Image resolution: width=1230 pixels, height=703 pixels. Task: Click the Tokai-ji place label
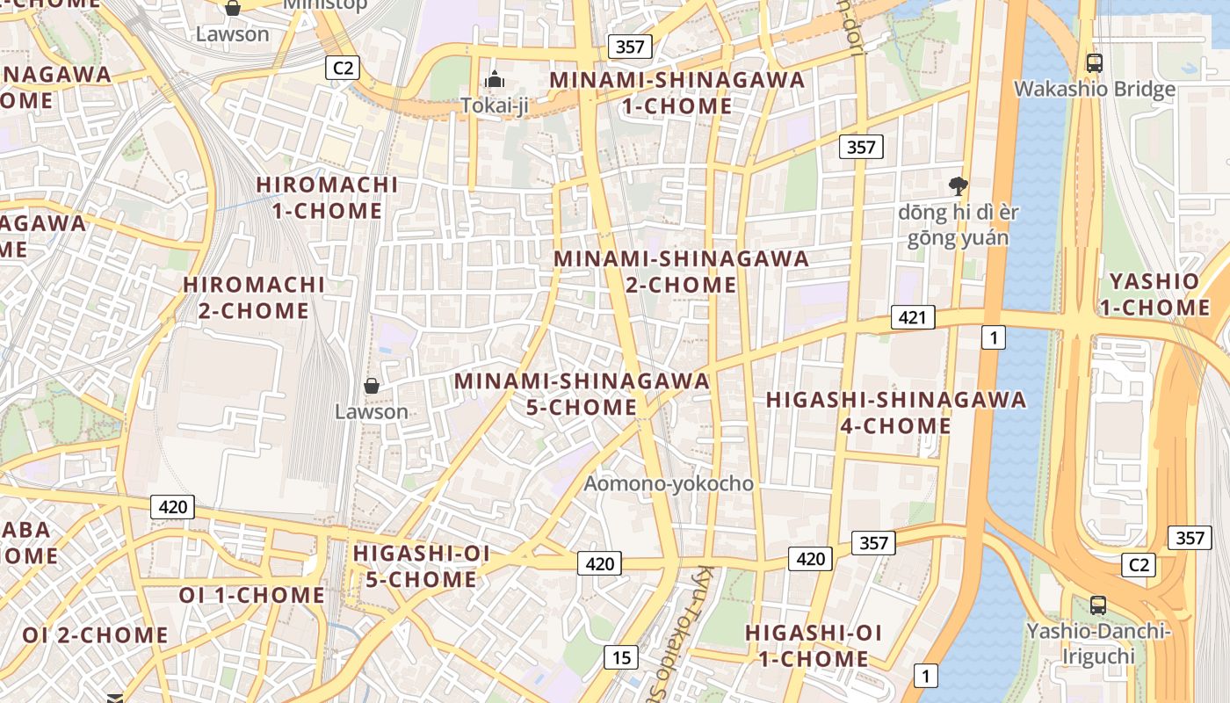coord(495,105)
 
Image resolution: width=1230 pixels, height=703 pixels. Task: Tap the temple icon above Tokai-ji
coord(495,80)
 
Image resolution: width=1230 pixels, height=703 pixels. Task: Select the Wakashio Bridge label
coord(1094,89)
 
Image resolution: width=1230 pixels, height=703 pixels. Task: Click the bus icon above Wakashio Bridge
coord(1094,63)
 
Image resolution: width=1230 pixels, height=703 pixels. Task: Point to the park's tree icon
coord(958,186)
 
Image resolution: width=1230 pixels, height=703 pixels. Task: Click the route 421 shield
coord(912,317)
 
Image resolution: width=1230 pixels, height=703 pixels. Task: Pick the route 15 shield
coord(621,656)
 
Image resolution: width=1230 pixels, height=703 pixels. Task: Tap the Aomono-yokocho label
coord(669,483)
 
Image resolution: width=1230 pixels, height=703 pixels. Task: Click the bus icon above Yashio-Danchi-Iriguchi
coord(1098,605)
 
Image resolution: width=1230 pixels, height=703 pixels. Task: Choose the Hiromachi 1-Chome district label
coord(327,198)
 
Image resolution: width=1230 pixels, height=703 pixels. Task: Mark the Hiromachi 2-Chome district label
coord(254,297)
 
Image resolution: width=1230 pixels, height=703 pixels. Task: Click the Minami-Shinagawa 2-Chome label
coord(681,272)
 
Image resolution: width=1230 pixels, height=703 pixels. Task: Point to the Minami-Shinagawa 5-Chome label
coord(582,394)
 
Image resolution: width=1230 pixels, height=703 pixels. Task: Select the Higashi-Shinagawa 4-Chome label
coord(895,412)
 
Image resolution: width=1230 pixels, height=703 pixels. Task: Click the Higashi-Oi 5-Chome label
coord(421,566)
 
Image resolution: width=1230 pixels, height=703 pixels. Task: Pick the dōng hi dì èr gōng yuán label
coord(958,225)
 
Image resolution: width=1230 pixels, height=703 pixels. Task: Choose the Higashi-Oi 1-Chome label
coord(813,645)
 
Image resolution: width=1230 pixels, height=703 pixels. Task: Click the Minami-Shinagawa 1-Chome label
coord(676,92)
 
